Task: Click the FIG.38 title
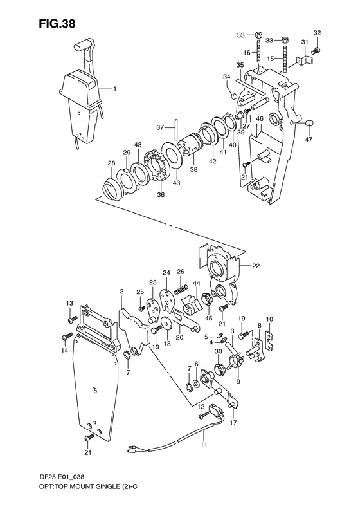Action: (x=57, y=23)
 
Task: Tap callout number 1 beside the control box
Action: (x=114, y=88)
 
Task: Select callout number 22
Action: (x=256, y=266)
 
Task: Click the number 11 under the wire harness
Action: (x=203, y=445)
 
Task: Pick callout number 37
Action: (x=161, y=127)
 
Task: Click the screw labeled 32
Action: (x=316, y=51)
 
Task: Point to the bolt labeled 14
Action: (x=66, y=337)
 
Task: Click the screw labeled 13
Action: (x=71, y=320)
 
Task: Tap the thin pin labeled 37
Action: (x=175, y=129)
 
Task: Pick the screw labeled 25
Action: (x=141, y=308)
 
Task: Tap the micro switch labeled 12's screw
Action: (x=202, y=415)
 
